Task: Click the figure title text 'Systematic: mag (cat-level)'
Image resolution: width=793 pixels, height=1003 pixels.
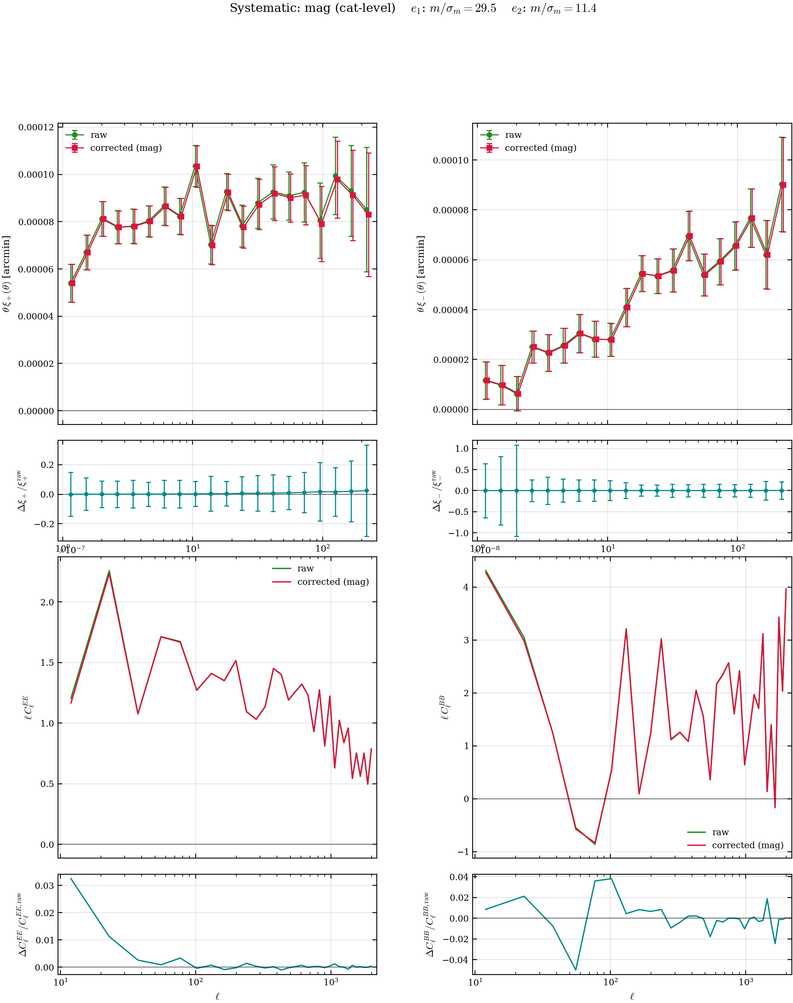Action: click(x=312, y=8)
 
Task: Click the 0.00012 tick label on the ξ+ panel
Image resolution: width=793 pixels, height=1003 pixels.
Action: click(x=36, y=127)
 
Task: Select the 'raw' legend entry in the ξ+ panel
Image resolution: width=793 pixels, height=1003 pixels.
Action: click(x=98, y=135)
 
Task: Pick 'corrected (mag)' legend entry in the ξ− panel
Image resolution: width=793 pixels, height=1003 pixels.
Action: click(x=541, y=148)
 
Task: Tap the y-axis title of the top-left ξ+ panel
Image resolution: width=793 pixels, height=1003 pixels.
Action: click(x=6, y=274)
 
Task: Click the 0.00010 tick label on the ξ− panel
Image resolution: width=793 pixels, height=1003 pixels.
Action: click(x=451, y=160)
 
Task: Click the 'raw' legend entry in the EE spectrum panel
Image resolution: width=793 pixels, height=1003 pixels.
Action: click(x=305, y=568)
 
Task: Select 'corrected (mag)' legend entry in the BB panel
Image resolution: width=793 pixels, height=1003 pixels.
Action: click(x=748, y=845)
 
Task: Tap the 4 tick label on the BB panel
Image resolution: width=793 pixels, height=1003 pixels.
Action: click(x=466, y=587)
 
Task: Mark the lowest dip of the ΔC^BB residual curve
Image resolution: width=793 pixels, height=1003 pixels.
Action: click(x=576, y=970)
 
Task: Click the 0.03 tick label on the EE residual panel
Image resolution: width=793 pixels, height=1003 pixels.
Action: click(x=44, y=885)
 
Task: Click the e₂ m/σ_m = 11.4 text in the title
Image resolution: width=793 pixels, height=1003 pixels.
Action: click(x=554, y=8)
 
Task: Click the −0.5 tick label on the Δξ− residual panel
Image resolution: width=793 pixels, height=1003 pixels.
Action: click(x=458, y=511)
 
